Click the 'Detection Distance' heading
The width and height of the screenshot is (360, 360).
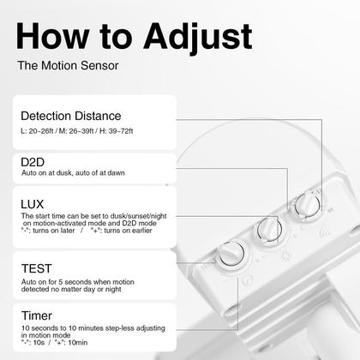point(70,116)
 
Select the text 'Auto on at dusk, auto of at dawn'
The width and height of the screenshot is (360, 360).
point(74,172)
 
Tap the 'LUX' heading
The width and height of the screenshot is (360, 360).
point(34,203)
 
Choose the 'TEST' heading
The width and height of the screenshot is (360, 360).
point(38,269)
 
